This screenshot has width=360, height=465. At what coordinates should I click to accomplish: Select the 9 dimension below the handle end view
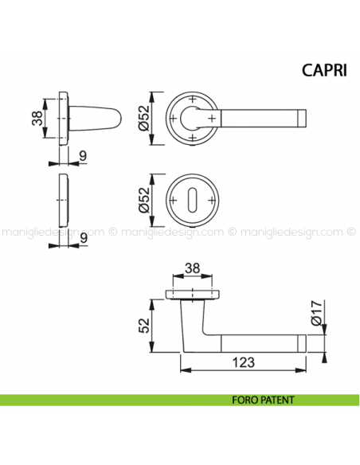84,157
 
